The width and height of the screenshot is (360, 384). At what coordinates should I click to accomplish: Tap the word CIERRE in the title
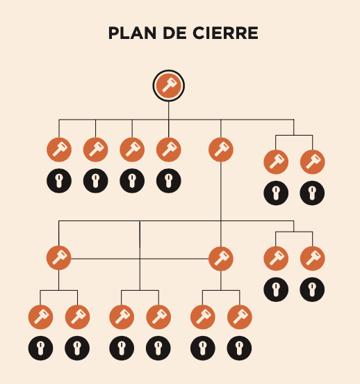point(225,33)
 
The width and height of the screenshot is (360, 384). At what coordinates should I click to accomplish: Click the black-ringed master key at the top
point(169,86)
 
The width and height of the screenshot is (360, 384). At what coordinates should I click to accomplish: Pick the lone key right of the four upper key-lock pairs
point(221,150)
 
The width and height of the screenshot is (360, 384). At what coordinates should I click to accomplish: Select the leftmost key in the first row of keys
point(59,150)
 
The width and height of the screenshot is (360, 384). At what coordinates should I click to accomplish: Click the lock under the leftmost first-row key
point(59,181)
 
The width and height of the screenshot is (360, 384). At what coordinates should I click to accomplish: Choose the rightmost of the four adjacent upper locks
point(169,181)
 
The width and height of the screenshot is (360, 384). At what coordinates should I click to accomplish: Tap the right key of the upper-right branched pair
point(313,162)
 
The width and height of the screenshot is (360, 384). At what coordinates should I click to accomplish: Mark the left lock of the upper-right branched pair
point(276,193)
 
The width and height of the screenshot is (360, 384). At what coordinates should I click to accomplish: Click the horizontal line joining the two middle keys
point(140,259)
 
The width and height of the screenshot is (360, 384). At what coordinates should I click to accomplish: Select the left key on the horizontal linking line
point(59,257)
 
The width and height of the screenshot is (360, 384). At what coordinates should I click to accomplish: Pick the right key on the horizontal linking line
point(221,259)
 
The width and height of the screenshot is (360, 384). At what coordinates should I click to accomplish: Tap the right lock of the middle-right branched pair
point(312,289)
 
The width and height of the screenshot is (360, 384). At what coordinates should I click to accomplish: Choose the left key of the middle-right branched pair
point(276,258)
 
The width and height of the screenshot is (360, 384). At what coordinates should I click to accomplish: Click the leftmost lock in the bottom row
point(40,348)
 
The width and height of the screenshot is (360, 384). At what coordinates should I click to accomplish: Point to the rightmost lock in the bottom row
point(239,348)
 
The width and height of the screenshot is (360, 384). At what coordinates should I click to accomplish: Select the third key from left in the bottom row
point(122,317)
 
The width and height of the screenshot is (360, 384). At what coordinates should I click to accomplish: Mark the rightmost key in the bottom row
point(240,317)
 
